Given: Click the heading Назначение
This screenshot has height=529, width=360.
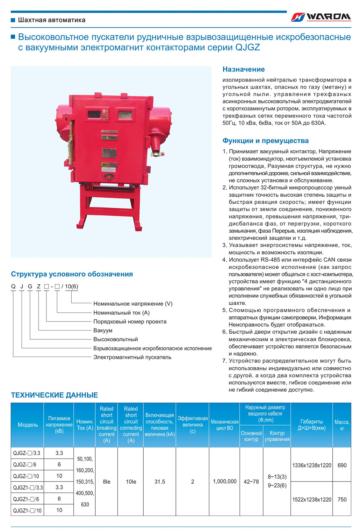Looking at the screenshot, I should point(243,69).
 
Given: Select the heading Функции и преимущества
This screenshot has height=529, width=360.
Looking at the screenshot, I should point(265,141).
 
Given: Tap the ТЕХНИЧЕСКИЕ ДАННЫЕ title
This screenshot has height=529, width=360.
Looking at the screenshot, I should point(54,395).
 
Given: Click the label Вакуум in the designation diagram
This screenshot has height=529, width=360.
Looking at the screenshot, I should point(103,330).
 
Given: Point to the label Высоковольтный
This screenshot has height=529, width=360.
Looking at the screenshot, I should point(115,339).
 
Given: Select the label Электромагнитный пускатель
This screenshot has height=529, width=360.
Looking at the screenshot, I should point(132,357).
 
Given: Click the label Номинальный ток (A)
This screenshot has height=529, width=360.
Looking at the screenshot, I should point(121,313).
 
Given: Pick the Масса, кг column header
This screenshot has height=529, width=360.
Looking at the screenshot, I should point(342,425).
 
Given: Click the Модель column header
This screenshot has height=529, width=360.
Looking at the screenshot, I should point(27,425).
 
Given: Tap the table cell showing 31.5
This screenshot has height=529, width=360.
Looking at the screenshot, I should point(160,482).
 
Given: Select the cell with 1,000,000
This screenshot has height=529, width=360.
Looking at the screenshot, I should point(225,481).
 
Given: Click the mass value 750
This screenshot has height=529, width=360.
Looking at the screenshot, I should point(342,499).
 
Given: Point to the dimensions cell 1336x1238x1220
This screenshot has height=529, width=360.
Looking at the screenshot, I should point(312,465).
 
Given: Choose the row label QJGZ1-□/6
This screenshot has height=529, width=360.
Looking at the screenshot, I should point(26,499).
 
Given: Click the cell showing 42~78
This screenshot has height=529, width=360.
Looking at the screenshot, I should point(251,482).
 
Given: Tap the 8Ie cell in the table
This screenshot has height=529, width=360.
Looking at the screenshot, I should point(106,482).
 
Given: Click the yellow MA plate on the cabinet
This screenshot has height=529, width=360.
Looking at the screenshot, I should point(105,164).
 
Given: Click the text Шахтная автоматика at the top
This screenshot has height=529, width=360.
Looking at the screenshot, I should point(52,20).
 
